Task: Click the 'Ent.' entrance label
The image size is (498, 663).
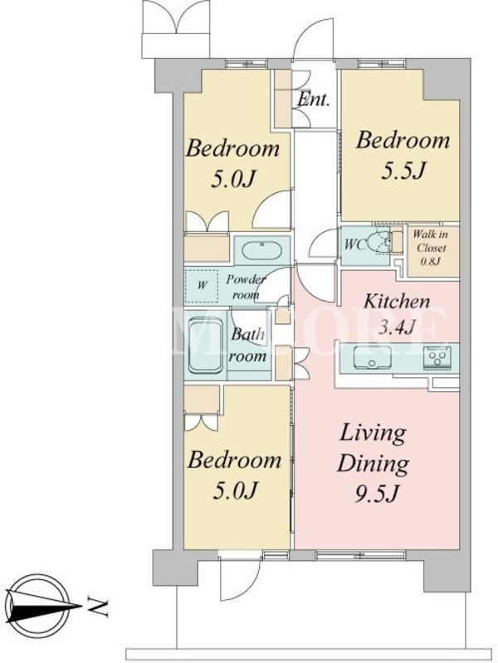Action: [x=314, y=99]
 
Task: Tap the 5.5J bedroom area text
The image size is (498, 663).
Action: [x=403, y=172]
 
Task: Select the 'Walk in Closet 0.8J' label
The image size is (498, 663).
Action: [x=430, y=247]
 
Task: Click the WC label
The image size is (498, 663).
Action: [x=355, y=244]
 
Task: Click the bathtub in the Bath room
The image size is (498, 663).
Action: [x=205, y=346]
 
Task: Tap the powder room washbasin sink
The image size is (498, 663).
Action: [x=262, y=250]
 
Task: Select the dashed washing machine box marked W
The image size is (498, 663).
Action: [x=202, y=286]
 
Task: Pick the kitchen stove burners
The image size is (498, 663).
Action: [x=437, y=358]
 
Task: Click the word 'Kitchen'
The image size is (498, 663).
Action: [x=397, y=302]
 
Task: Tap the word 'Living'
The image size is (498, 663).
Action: [x=373, y=434]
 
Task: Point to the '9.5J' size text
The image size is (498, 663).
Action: [x=377, y=493]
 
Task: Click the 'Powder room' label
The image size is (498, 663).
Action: [x=246, y=287]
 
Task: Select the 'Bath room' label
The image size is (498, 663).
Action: [x=247, y=345]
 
